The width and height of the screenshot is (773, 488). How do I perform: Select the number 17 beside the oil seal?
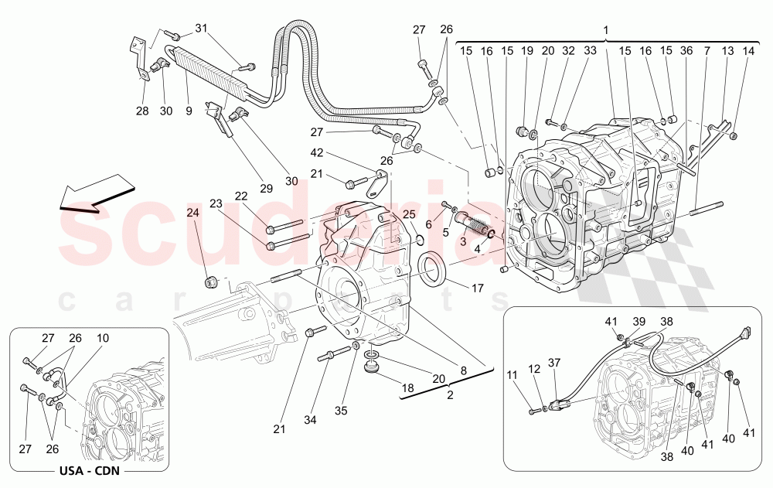pyautogui.click(x=477, y=288)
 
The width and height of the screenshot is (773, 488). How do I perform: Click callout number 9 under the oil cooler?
pyautogui.click(x=189, y=111)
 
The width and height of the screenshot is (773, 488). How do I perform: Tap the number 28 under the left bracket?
pyautogui.click(x=142, y=111)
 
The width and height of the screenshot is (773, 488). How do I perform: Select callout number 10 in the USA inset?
pyautogui.click(x=104, y=337)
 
